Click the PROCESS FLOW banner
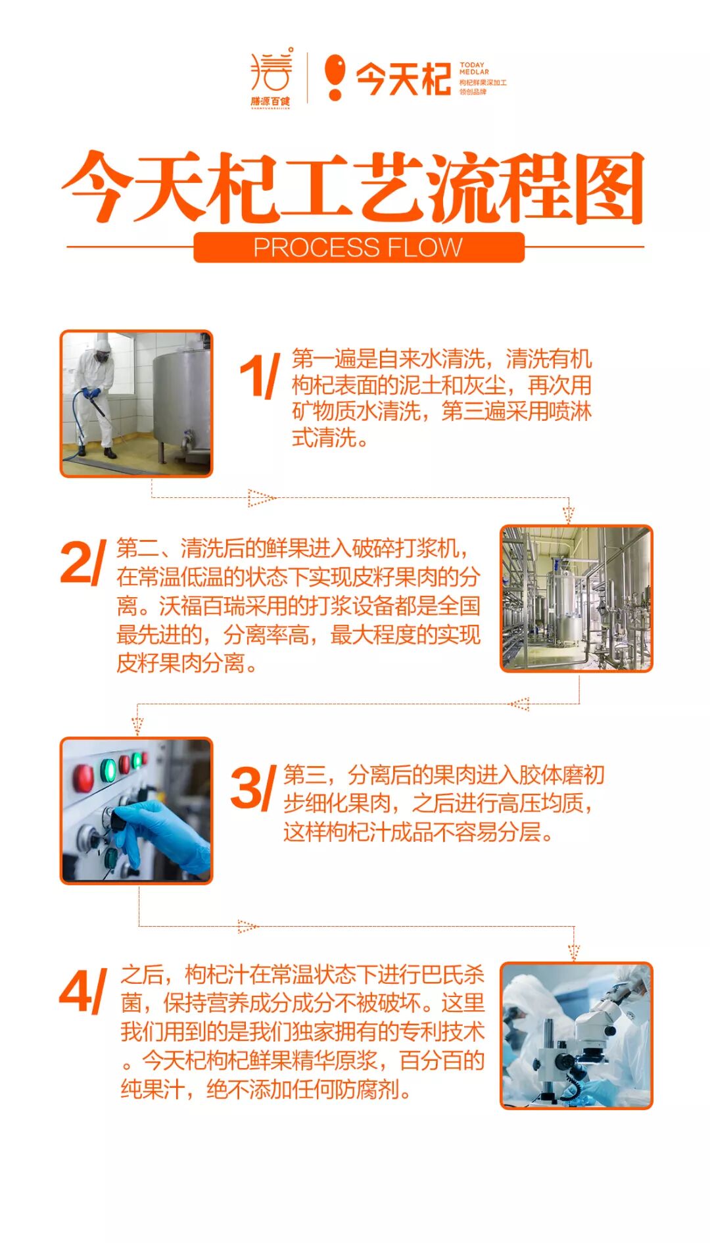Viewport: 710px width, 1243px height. pyautogui.click(x=358, y=247)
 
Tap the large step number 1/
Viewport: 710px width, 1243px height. pyautogui.click(x=260, y=376)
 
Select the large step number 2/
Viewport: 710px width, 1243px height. pyautogui.click(x=83, y=562)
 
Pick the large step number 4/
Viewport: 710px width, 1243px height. pyautogui.click(x=83, y=991)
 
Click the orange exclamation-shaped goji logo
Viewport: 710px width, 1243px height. pyautogui.click(x=335, y=77)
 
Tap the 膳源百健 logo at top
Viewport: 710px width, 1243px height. pyautogui.click(x=271, y=77)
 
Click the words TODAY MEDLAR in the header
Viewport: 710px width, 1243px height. pyautogui.click(x=474, y=68)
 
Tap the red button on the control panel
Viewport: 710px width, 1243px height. pyautogui.click(x=83, y=778)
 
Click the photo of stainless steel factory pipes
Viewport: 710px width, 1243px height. pyautogui.click(x=577, y=598)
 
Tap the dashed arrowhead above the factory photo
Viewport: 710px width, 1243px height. pyautogui.click(x=569, y=514)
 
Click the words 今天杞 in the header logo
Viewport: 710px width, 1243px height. pyautogui.click(x=403, y=79)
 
